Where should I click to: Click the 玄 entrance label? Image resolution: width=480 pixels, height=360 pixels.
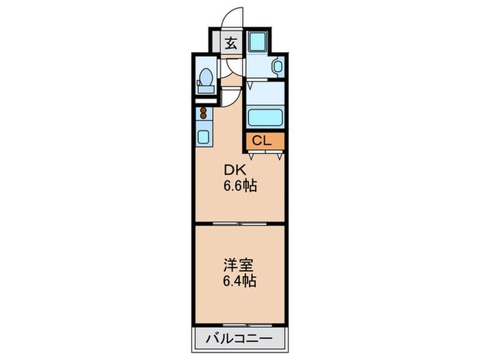(x=231, y=43)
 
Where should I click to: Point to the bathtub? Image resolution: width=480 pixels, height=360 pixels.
(x=265, y=117)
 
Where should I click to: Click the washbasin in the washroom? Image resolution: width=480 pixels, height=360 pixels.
(x=276, y=67)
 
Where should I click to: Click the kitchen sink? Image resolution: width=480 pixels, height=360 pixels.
(x=204, y=135)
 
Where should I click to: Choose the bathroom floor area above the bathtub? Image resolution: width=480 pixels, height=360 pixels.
(x=265, y=91)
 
